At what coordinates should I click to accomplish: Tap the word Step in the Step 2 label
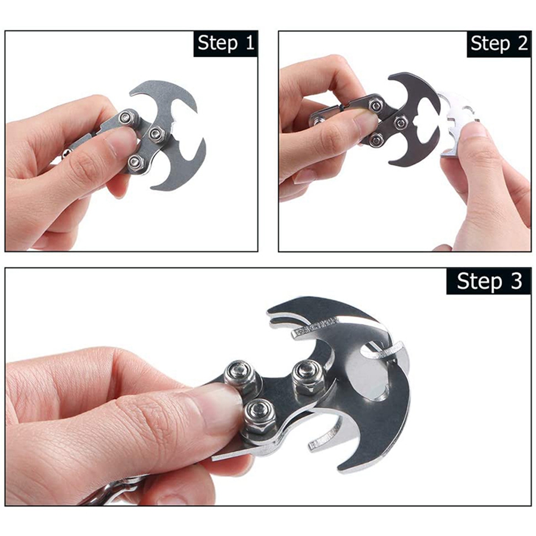coord(491,44)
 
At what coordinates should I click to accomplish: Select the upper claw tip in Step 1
coord(131,92)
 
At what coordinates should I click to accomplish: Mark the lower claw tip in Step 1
coord(152,187)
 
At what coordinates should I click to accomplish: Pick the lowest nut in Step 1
coord(136,162)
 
